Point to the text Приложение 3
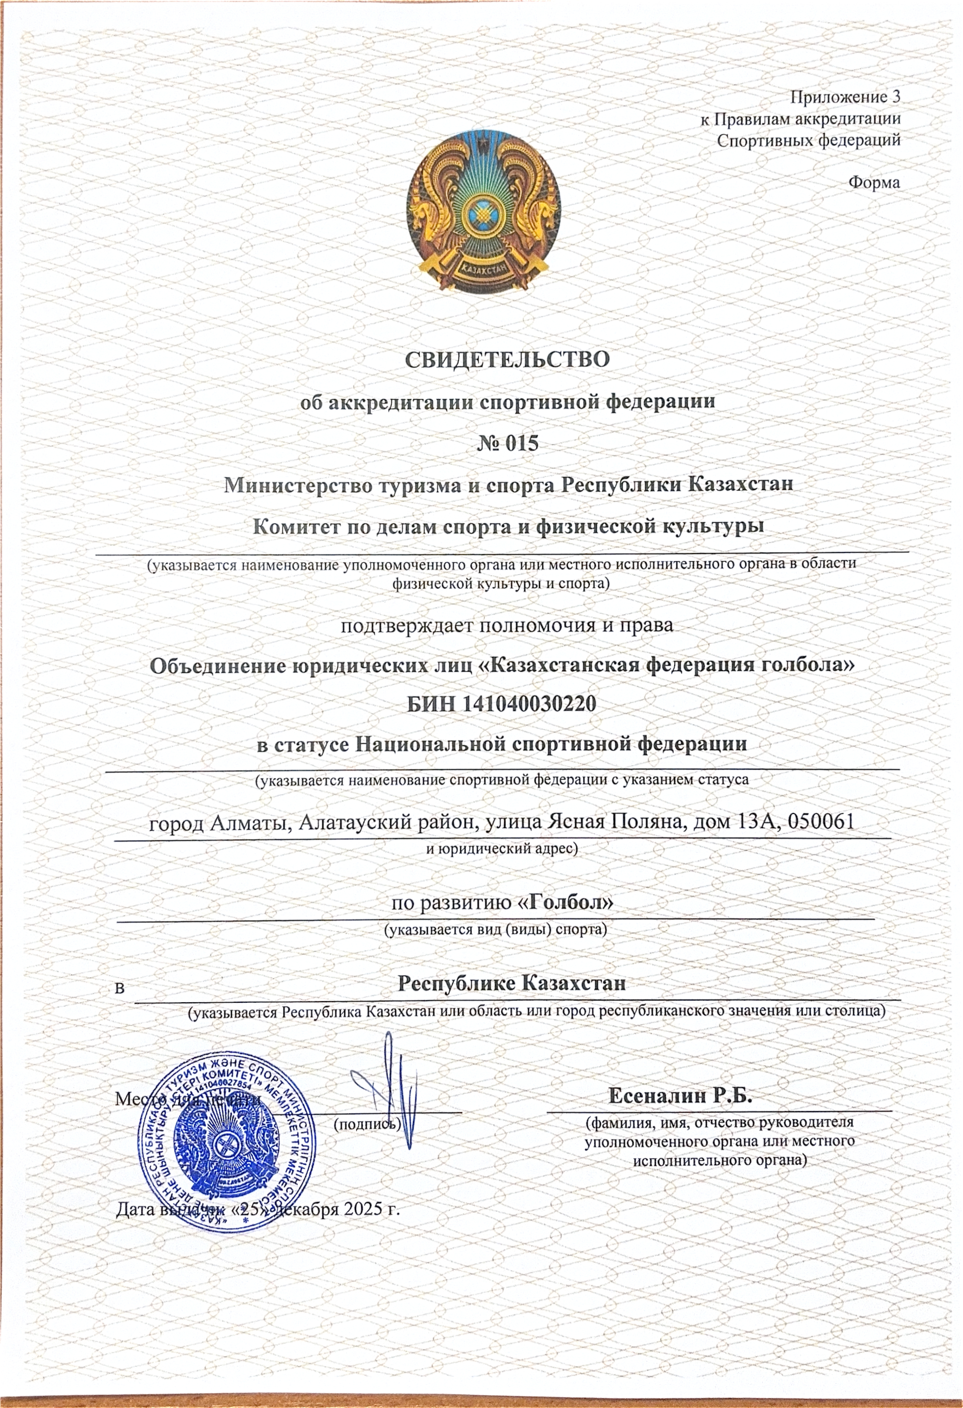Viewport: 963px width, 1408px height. coord(845,97)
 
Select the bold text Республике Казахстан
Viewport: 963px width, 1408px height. coord(511,983)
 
